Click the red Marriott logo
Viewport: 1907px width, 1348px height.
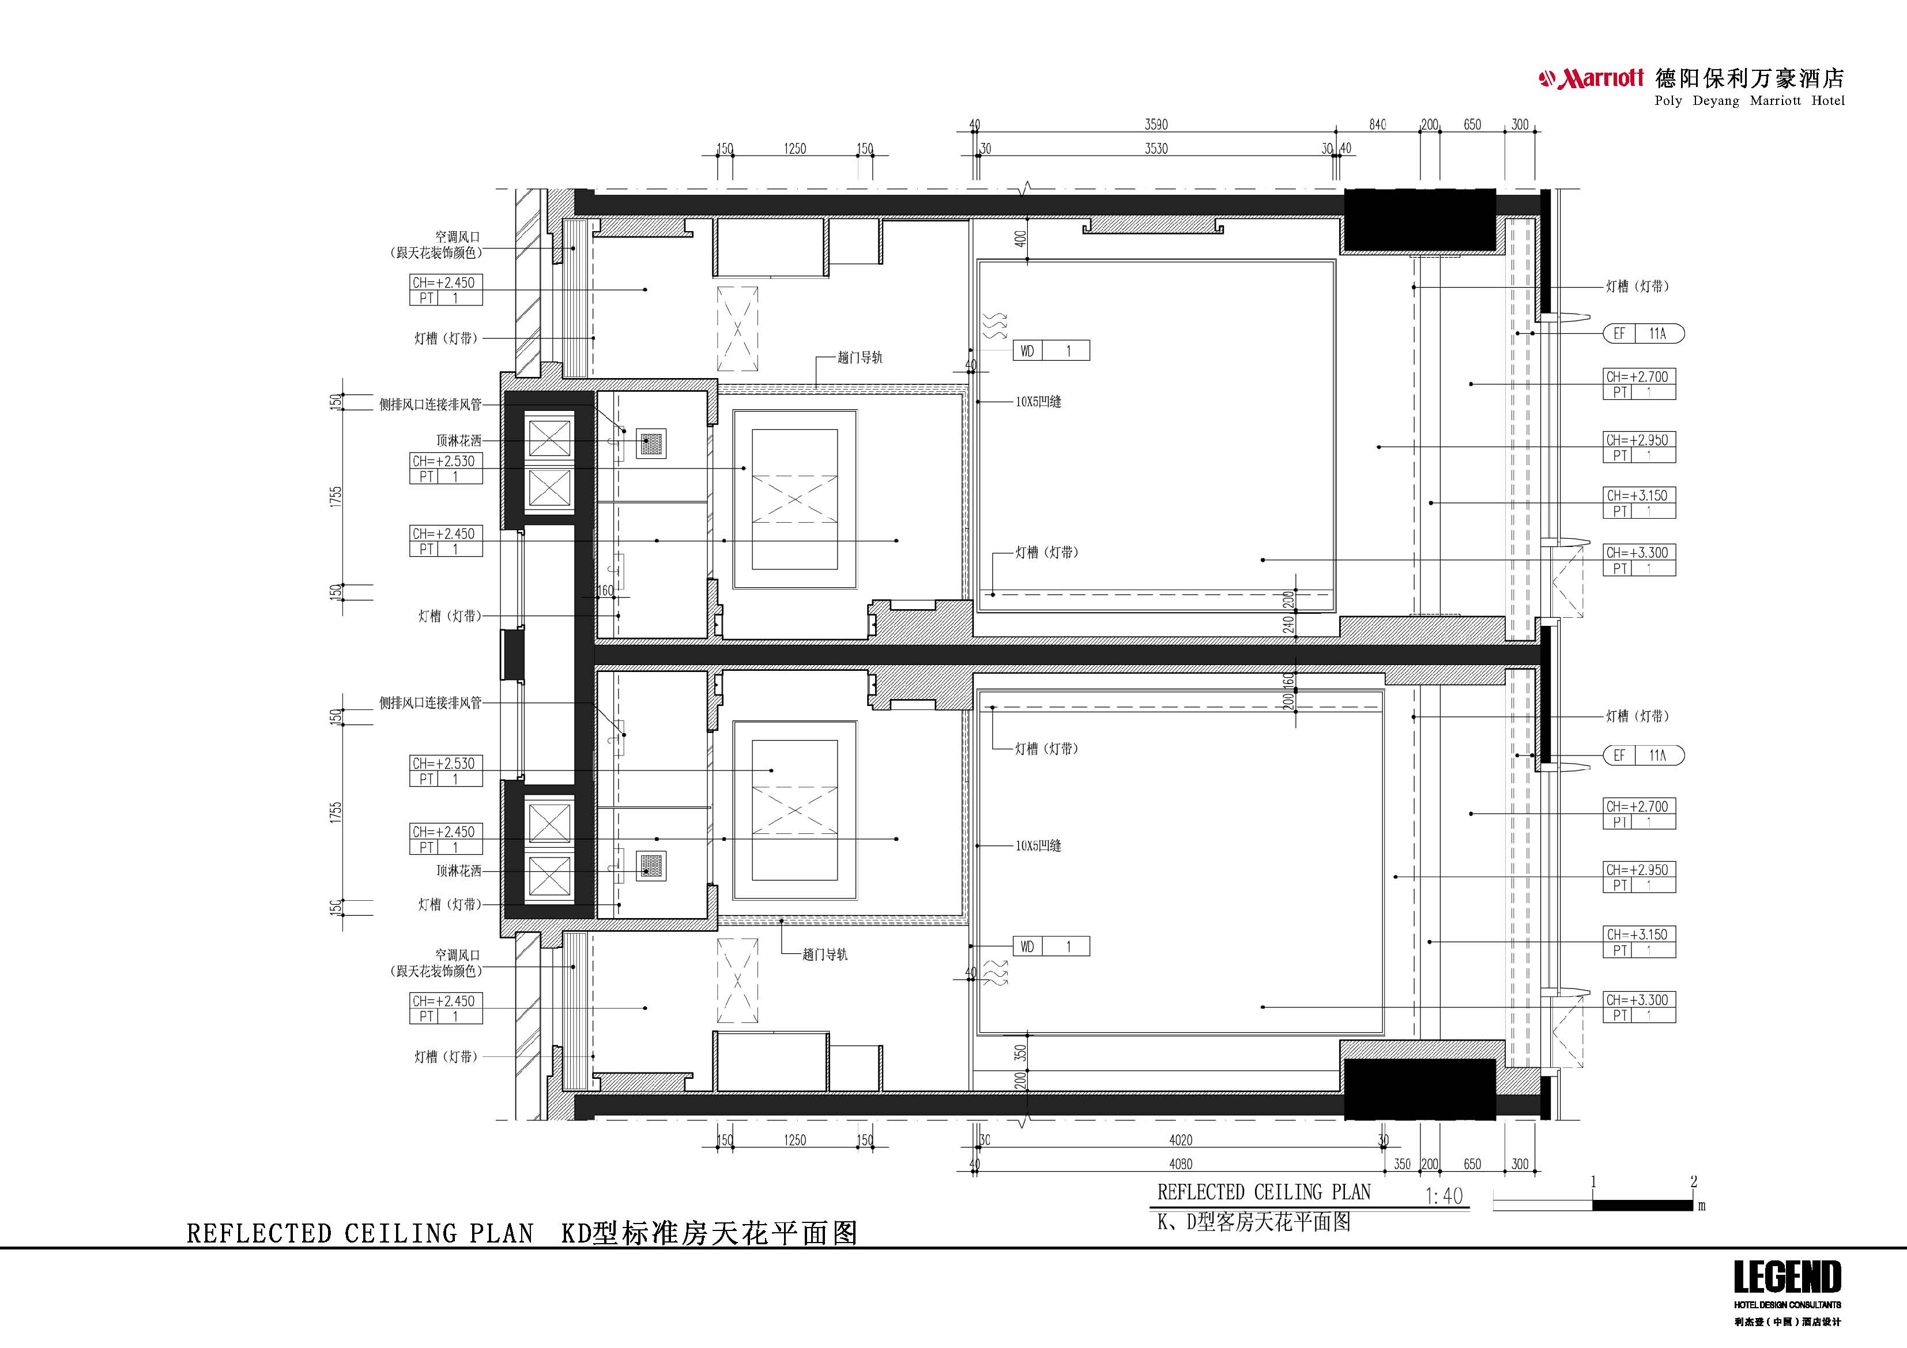[1591, 79]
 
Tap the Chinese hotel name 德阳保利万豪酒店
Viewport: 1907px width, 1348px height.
[1749, 79]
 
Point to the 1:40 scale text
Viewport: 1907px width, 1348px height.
[1444, 1196]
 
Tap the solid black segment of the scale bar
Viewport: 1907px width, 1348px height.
[1642, 1205]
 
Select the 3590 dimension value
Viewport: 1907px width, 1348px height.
[1156, 124]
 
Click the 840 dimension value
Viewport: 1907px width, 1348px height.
[1377, 124]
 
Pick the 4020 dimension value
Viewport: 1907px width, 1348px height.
[1180, 1141]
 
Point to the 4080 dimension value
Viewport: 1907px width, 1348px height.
[1180, 1164]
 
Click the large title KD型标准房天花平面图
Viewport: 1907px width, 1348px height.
[709, 1233]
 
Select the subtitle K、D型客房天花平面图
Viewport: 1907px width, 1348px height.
[1254, 1222]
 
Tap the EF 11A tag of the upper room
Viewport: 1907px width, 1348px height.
[1643, 334]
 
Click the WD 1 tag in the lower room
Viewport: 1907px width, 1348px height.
[1051, 946]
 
